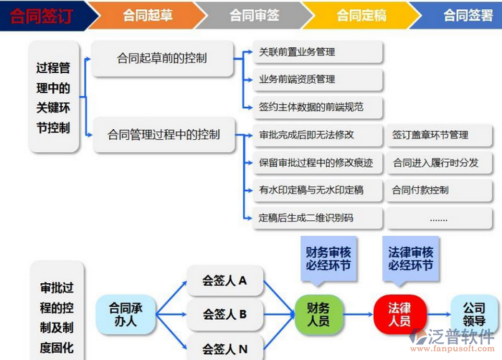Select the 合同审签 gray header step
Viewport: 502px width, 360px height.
click(255, 15)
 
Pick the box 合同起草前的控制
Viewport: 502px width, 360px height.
click(162, 58)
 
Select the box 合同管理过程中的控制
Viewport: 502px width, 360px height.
click(164, 134)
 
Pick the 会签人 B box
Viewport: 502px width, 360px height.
click(224, 314)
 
